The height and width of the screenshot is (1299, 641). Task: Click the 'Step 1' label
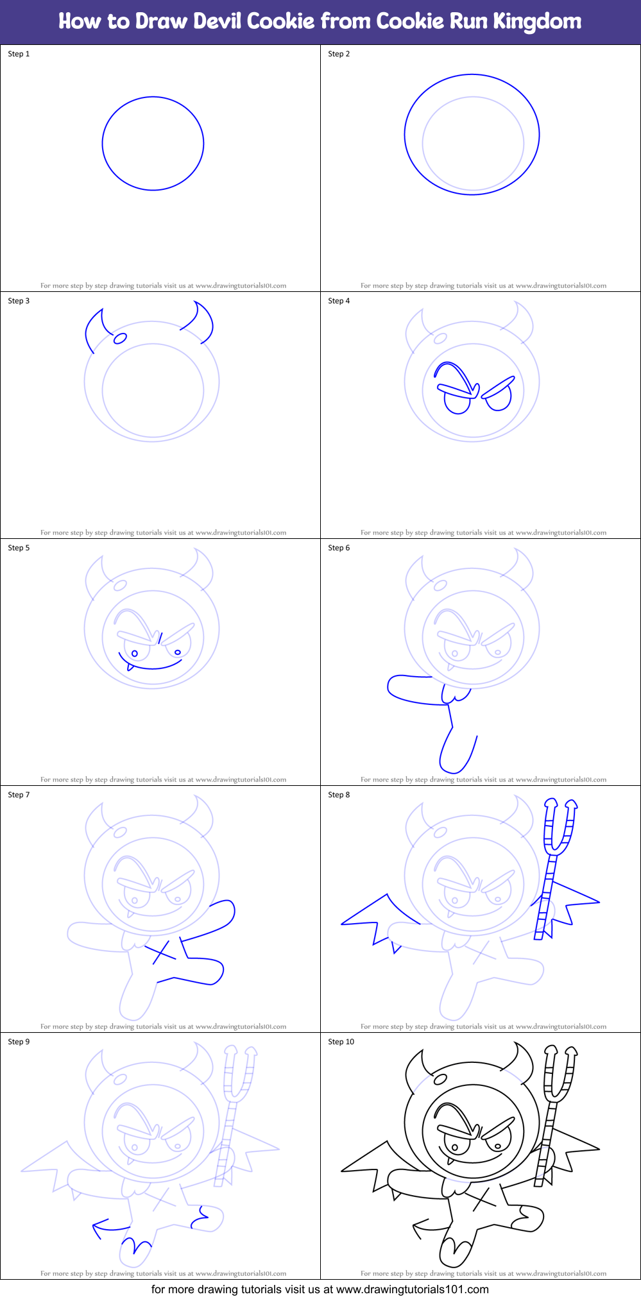[19, 54]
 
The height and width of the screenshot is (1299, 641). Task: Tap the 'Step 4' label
[339, 301]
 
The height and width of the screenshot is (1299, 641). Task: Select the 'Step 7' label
[19, 795]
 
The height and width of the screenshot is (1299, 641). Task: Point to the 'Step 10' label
[341, 1042]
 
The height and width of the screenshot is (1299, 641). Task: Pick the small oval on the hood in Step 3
[119, 339]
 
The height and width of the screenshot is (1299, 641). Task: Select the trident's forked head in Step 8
[560, 828]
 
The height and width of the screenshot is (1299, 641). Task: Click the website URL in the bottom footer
[412, 1289]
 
